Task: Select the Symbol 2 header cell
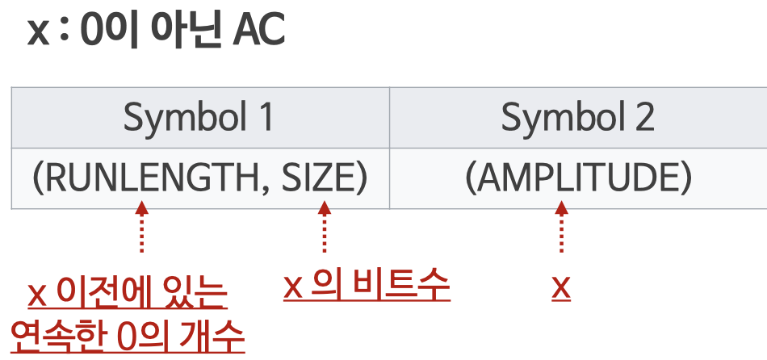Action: click(577, 118)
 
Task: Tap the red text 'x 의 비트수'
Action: click(367, 286)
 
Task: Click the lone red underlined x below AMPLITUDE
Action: click(561, 287)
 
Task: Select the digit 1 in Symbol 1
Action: click(265, 118)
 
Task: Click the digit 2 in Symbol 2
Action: click(643, 118)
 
